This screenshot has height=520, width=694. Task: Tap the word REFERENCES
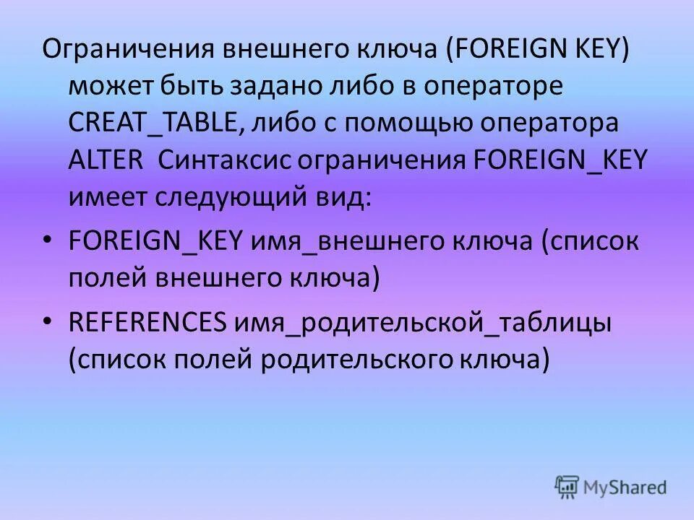pyautogui.click(x=147, y=321)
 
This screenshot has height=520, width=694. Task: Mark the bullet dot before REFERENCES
pyautogui.click(x=48, y=321)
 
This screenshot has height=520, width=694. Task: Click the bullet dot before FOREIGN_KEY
pyautogui.click(x=48, y=240)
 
